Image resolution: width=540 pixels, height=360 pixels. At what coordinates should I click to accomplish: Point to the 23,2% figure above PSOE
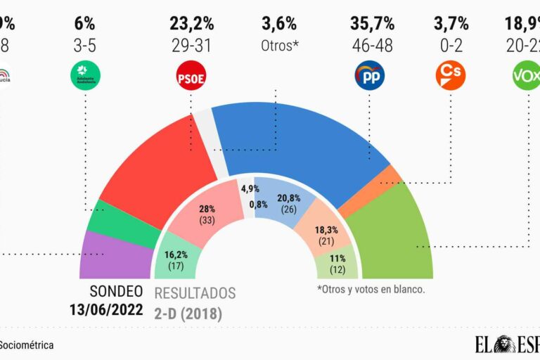(191, 23)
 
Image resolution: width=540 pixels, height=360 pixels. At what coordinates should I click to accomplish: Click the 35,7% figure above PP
(372, 23)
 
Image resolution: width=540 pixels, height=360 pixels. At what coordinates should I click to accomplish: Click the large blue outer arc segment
(295, 141)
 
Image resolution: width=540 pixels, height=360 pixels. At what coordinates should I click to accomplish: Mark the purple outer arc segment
(116, 257)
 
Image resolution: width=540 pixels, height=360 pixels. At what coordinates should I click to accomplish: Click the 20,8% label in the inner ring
(286, 198)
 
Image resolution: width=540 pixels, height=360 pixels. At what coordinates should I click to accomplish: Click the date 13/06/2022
(105, 310)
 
